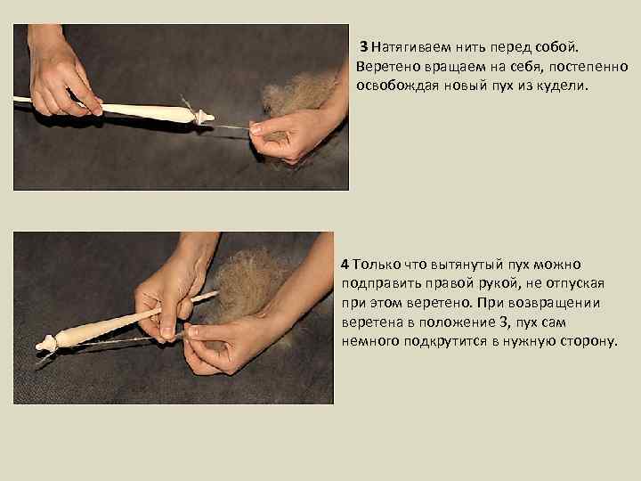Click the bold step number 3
coord(364,47)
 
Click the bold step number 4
coord(345,265)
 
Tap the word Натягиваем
coord(410,47)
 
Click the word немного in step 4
coord(370,341)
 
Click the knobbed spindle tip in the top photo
coord(204,117)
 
